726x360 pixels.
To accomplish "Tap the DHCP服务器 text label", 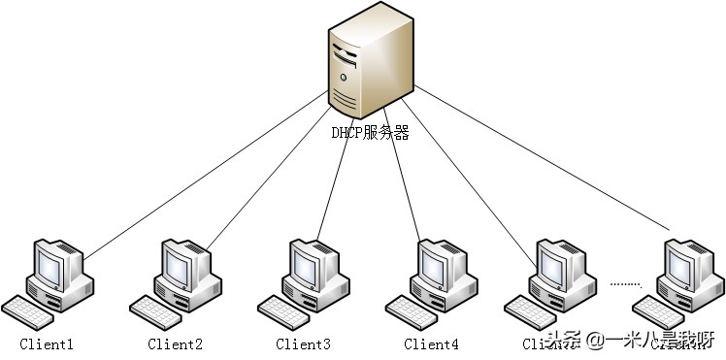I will pyautogui.click(x=370, y=132).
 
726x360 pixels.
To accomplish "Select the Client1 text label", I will pyautogui.click(x=47, y=344).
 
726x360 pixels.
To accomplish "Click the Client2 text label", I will pyautogui.click(x=175, y=344).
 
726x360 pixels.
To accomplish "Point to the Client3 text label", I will pyautogui.click(x=303, y=344).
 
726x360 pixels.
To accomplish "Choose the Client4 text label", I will pyautogui.click(x=431, y=344).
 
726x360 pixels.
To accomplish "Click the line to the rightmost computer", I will pyautogui.click(x=544, y=165).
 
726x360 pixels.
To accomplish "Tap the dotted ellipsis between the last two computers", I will pyautogui.click(x=626, y=284).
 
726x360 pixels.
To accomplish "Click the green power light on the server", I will pyautogui.click(x=343, y=76).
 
